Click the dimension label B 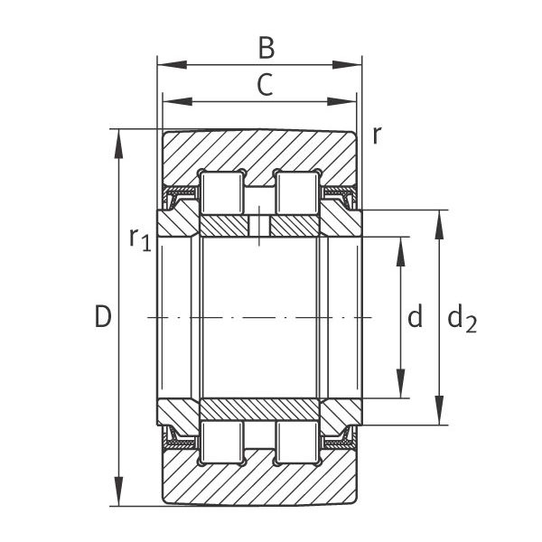pos(266,48)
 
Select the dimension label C pos(265,85)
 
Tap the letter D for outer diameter pos(103,317)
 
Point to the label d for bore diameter pos(416,316)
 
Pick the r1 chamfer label pos(140,238)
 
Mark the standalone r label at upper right pos(377,135)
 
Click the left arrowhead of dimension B pos(172,65)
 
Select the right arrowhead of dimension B pos(347,65)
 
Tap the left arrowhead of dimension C pos(177,101)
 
